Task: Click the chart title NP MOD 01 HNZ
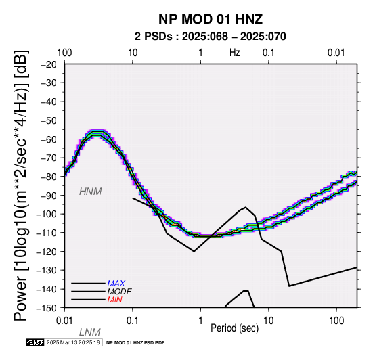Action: pos(211,19)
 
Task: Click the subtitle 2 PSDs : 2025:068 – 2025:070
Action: pos(211,37)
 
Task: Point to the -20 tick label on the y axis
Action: pos(49,64)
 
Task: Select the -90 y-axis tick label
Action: pos(49,196)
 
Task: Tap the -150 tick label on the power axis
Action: pos(47,308)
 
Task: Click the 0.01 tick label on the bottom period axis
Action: pos(64,321)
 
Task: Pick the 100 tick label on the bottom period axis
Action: pos(336,321)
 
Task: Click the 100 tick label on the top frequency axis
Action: pos(64,53)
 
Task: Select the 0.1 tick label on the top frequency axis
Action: pos(268,53)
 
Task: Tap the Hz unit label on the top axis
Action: pos(235,53)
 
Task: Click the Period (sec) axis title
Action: pos(235,328)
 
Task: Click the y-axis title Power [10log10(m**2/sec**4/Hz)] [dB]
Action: pos(20,185)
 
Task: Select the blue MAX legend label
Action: pos(116,284)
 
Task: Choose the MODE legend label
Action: pos(119,292)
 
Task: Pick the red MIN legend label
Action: pos(114,300)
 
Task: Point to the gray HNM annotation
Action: pos(91,192)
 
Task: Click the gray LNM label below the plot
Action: pos(89,332)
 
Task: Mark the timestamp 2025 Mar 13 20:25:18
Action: pos(73,342)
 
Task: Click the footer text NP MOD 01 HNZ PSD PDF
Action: pos(135,343)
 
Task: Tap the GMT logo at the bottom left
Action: pos(35,342)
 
